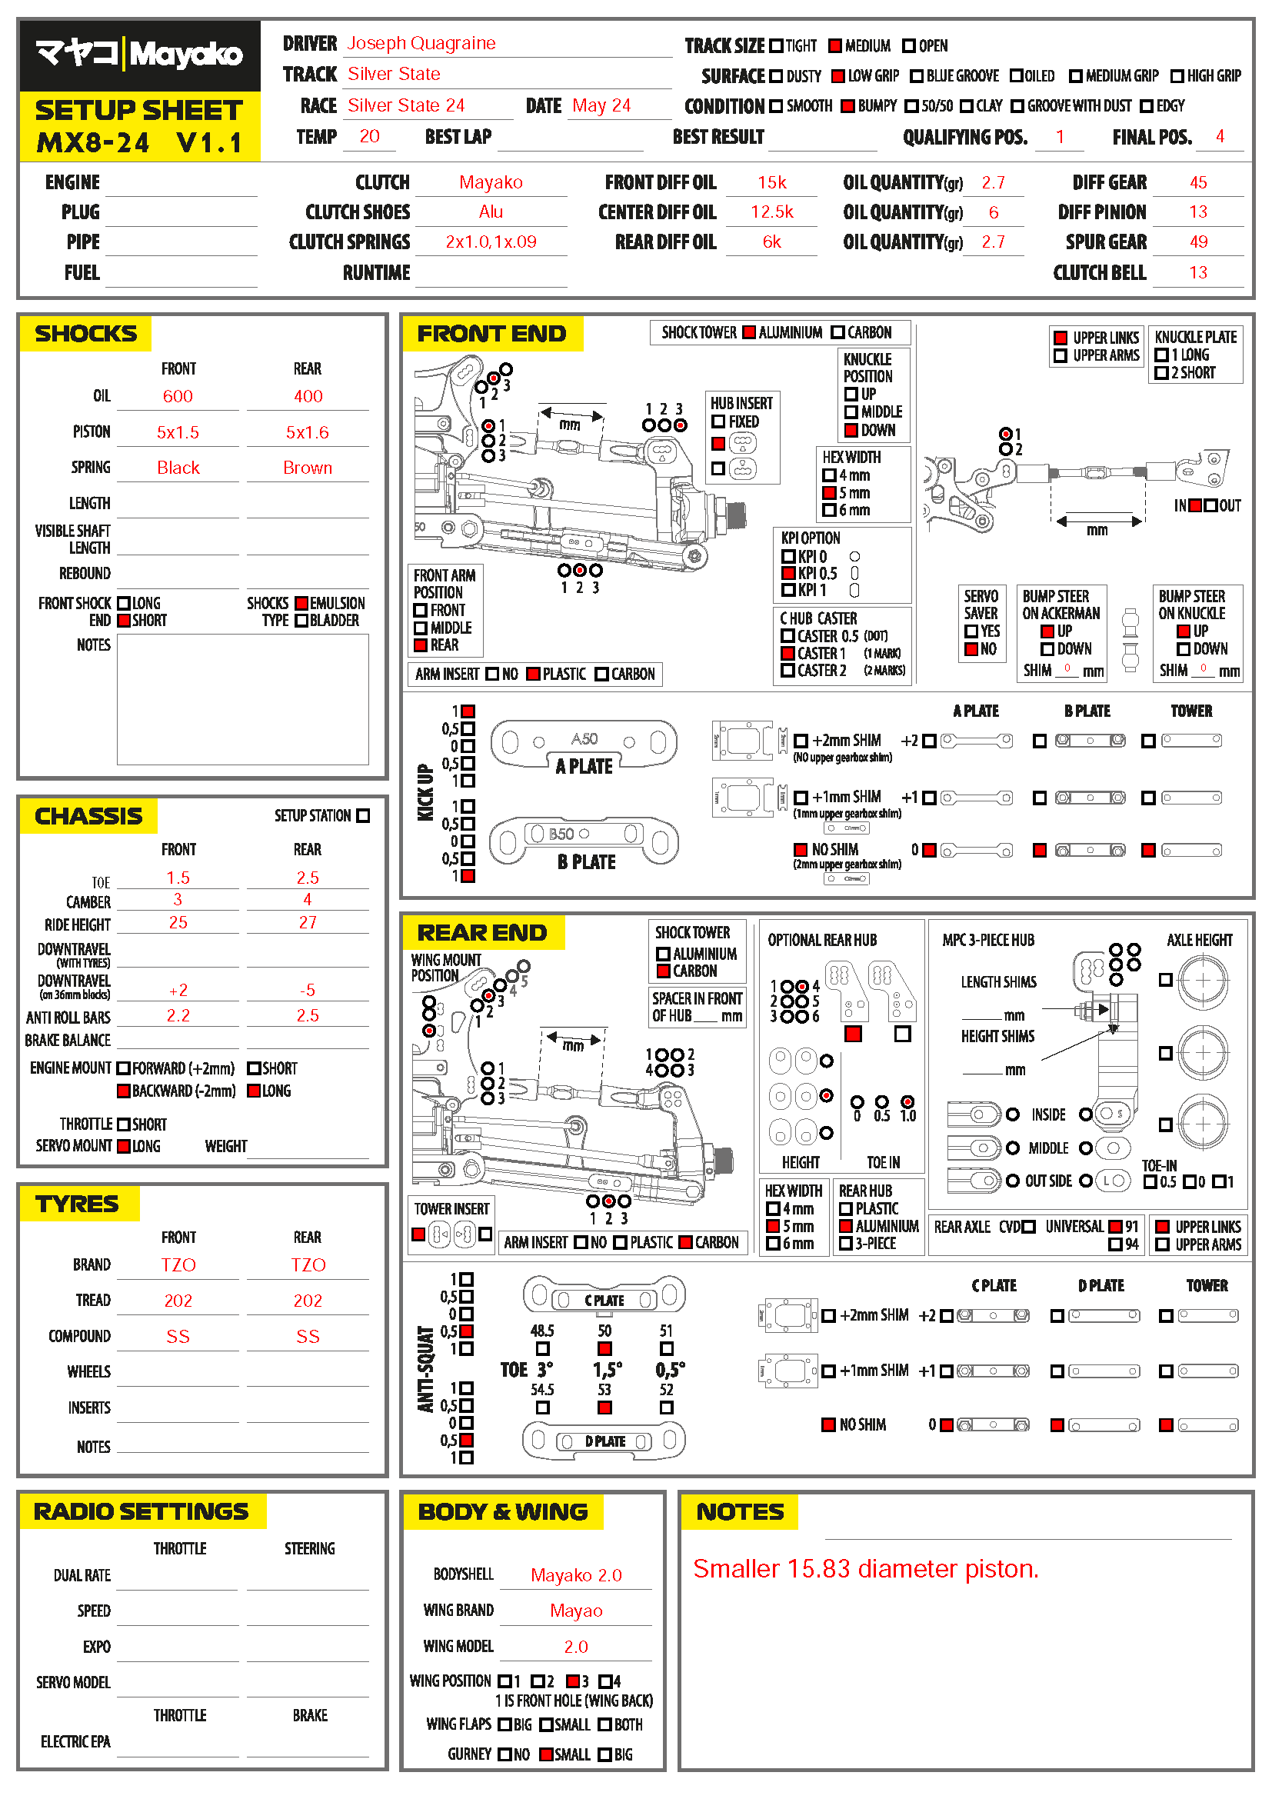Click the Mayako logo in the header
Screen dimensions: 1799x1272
click(139, 55)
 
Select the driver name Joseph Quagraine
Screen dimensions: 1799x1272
click(421, 43)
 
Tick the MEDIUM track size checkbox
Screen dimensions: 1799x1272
click(835, 45)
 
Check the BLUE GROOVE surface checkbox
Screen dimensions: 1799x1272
click(916, 76)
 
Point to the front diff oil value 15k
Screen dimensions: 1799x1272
click(771, 182)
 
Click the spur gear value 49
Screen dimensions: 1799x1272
click(1197, 242)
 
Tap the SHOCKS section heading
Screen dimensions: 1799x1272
click(85, 334)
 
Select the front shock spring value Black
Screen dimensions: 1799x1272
click(178, 468)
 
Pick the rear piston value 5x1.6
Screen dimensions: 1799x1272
click(307, 432)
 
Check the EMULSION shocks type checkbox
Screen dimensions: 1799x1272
click(301, 603)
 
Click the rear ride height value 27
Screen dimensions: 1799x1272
click(307, 923)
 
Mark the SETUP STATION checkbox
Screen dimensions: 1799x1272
click(363, 815)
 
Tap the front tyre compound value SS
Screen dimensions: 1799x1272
click(178, 1337)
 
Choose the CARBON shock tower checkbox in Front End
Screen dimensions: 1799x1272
click(837, 332)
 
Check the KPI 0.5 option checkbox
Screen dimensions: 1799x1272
click(788, 574)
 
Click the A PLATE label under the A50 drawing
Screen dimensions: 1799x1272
click(584, 766)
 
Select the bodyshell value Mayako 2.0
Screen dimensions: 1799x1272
click(576, 1575)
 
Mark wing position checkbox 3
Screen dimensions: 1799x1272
click(573, 1681)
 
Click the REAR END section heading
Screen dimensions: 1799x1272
click(481, 933)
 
